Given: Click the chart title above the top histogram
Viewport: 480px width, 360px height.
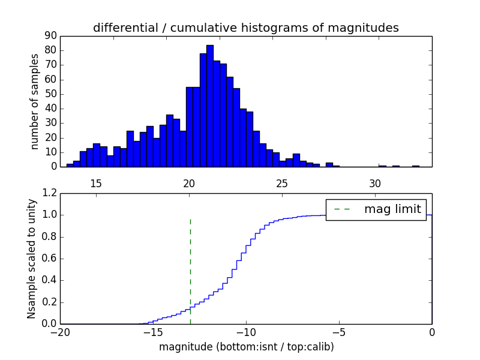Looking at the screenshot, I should click(x=246, y=28).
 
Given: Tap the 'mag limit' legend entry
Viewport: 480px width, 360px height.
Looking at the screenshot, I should click(x=376, y=209).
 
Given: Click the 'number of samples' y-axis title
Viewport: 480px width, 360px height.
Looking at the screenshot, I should click(x=35, y=101).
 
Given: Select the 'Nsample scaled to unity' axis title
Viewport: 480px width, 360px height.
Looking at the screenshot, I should click(x=32, y=259).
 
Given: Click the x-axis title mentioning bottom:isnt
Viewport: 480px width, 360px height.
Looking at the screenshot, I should click(x=246, y=347).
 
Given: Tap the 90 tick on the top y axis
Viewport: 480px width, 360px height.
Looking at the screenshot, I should click(x=50, y=35).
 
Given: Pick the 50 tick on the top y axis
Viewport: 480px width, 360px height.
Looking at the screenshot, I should click(x=50, y=94).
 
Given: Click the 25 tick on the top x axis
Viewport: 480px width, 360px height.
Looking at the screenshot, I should click(x=282, y=182).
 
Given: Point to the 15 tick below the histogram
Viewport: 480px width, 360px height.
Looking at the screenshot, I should click(x=96, y=182).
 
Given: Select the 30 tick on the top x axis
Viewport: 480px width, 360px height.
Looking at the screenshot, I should click(x=375, y=182).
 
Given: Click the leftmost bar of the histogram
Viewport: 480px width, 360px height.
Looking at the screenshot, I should click(x=70, y=165).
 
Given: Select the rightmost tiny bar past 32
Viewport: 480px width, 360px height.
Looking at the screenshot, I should click(x=415, y=166).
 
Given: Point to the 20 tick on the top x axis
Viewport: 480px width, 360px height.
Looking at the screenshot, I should click(x=189, y=182).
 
